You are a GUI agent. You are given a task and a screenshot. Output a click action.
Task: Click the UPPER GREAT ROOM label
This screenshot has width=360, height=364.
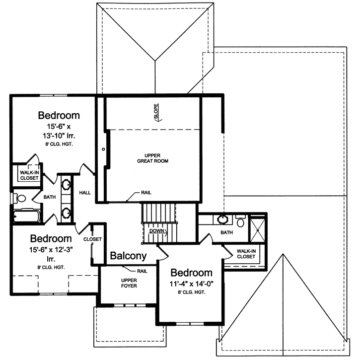[153, 158]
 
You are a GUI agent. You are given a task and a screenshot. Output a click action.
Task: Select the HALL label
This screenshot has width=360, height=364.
[85, 192]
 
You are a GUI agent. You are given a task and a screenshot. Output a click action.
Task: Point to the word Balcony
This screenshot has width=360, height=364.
[128, 256]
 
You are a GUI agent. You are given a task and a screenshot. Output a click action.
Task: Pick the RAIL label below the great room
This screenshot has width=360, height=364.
[146, 192]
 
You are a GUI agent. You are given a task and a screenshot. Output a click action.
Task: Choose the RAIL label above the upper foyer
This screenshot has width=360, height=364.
[142, 271]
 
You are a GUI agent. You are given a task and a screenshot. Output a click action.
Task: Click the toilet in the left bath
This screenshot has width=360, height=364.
[20, 198]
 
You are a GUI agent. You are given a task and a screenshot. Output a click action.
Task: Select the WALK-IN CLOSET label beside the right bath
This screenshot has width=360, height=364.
[246, 254]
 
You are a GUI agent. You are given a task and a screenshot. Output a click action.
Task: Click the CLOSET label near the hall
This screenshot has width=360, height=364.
[92, 239]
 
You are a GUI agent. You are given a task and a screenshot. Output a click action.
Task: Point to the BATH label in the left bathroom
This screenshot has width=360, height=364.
[50, 197]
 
